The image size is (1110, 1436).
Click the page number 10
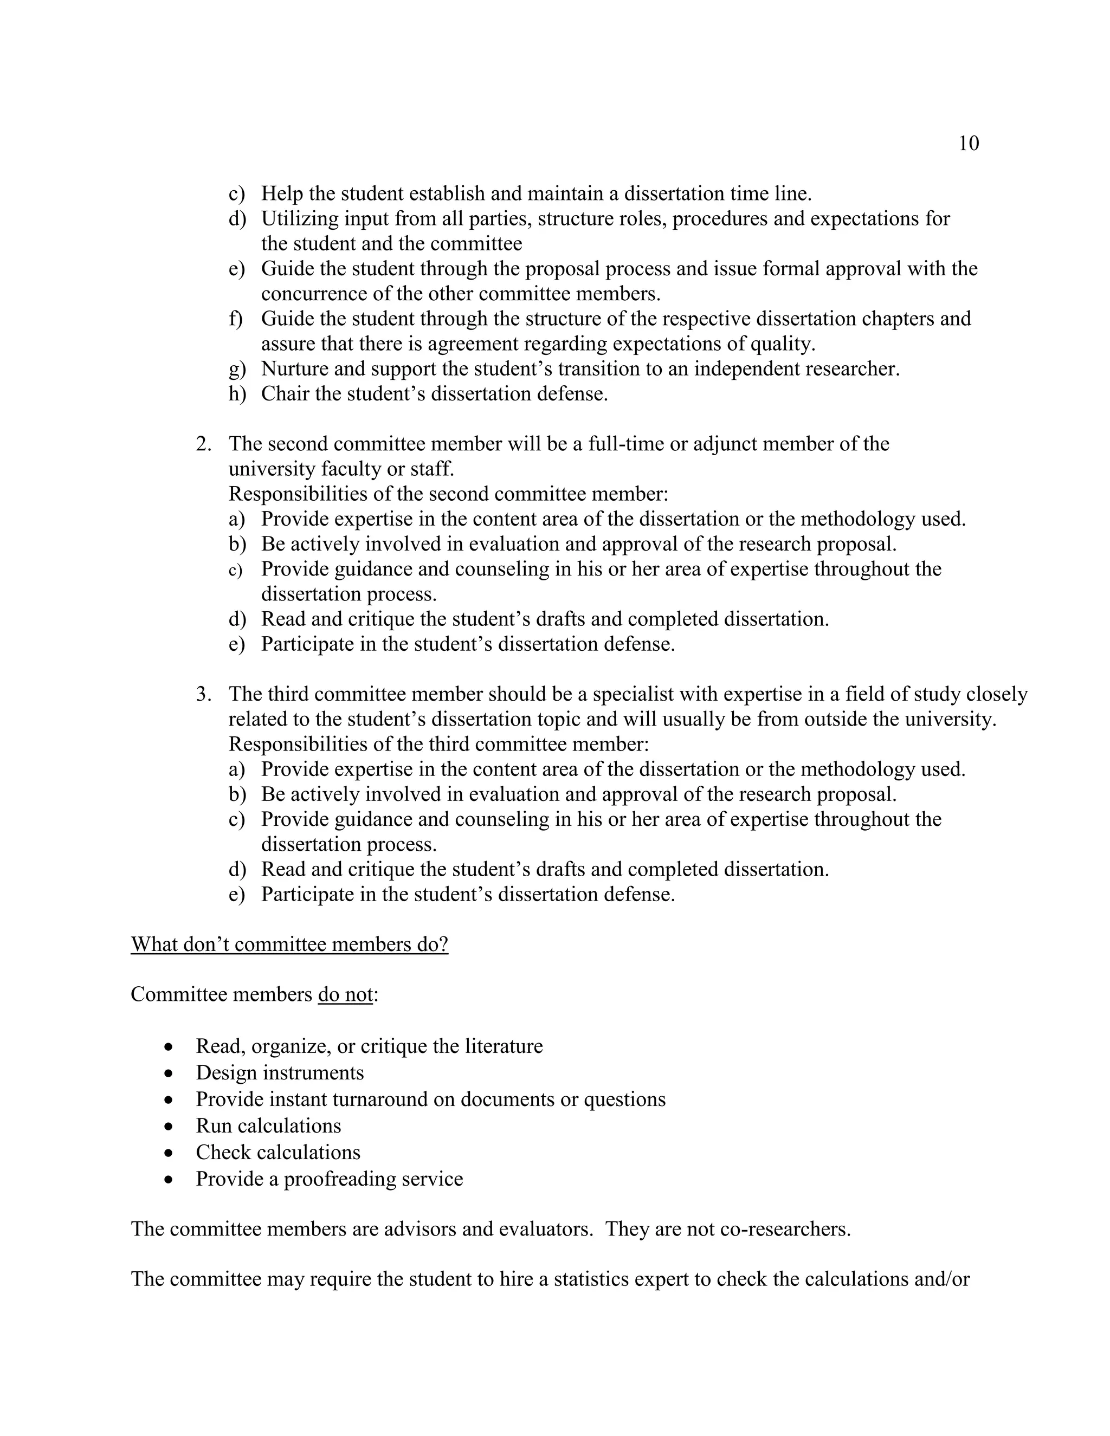[969, 144]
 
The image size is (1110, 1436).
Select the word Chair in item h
[285, 394]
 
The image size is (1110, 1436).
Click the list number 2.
[203, 444]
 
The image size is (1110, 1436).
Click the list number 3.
[203, 694]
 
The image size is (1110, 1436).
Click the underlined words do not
[345, 995]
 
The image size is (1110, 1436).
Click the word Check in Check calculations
[223, 1153]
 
